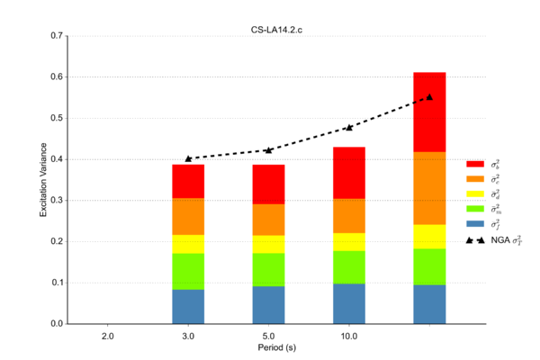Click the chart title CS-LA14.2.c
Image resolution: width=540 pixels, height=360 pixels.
[270, 30]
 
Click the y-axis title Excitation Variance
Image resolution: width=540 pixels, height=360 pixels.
[42, 180]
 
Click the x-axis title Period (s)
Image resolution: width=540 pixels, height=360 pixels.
[270, 347]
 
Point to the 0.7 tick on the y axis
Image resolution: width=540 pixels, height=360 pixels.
[58, 36]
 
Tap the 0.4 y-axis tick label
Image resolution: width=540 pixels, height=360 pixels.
[58, 159]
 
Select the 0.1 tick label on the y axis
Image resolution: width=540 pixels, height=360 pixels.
[58, 283]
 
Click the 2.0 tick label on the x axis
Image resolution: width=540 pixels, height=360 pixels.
[108, 335]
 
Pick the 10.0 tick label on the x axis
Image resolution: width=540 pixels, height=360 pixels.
[349, 335]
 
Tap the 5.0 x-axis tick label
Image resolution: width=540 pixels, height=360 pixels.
[268, 335]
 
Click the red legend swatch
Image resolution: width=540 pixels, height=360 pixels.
[475, 164]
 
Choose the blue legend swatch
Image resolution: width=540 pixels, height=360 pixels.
[475, 222]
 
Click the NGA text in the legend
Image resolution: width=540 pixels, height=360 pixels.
[498, 241]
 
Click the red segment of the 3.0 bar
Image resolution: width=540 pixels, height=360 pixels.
[188, 182]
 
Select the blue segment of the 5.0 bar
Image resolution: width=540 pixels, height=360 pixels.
[268, 304]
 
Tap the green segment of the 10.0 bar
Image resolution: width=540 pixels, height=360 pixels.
[349, 267]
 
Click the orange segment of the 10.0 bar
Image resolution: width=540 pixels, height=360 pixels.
[349, 216]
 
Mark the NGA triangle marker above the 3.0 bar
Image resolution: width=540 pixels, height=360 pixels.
[188, 158]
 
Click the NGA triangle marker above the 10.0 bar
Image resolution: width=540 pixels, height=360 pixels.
[349, 128]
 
